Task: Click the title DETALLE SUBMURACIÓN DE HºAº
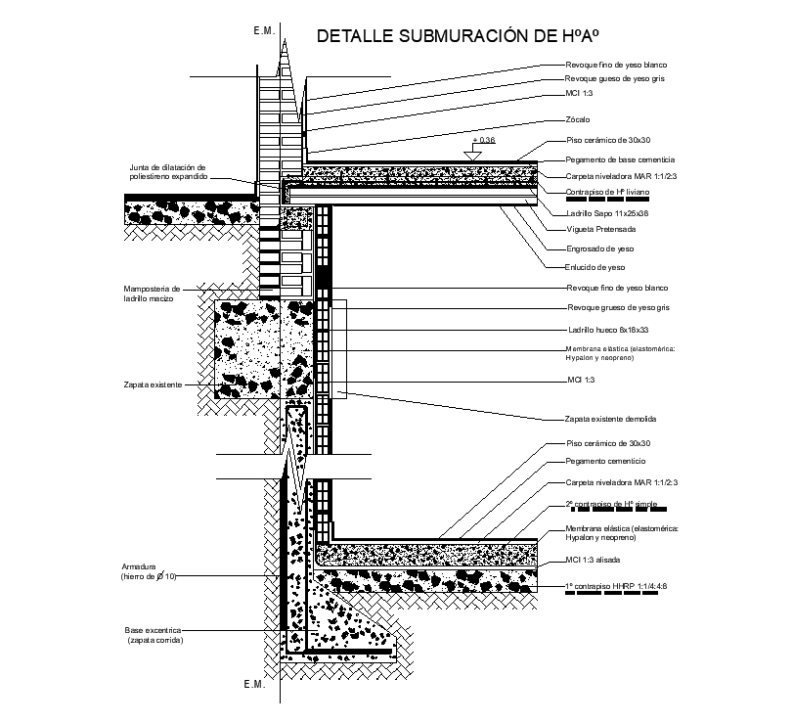tap(456, 37)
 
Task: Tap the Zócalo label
tap(578, 121)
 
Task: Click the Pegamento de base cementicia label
tap(620, 159)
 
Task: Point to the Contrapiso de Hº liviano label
tap(608, 194)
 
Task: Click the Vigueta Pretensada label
tap(600, 230)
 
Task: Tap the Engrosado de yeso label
tap(599, 249)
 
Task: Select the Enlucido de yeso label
tap(595, 267)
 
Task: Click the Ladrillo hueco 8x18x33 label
tap(606, 329)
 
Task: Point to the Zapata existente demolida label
tap(610, 419)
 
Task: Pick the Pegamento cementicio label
tap(605, 461)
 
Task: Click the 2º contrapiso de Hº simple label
tap(612, 505)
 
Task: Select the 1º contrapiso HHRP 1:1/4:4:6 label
tap(617, 586)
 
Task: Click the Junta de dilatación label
tap(168, 173)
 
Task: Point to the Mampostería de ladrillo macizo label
tap(153, 294)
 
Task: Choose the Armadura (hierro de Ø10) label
tap(149, 571)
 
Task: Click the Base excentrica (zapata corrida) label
tap(154, 635)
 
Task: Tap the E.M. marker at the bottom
tap(254, 684)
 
